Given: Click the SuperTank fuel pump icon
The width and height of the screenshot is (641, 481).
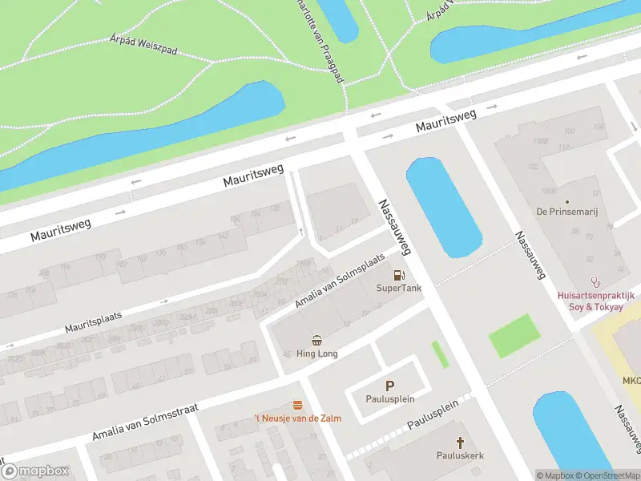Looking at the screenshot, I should [x=397, y=275].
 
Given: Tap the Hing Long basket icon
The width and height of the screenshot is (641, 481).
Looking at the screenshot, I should [x=317, y=340].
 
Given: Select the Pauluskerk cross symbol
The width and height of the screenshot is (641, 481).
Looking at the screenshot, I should [x=460, y=442].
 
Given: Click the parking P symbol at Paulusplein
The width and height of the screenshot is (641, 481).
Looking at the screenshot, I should [x=390, y=386].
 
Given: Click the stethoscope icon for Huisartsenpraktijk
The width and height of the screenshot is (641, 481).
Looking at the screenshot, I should [x=595, y=281].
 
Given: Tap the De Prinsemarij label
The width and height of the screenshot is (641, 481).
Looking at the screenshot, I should [x=573, y=212].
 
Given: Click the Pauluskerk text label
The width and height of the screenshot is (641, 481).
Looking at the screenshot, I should [x=460, y=455].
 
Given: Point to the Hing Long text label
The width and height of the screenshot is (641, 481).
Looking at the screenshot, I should [x=317, y=354].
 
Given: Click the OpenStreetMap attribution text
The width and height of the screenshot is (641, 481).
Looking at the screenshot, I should [x=606, y=475].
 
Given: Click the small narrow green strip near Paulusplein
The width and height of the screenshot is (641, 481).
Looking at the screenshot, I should [x=440, y=355].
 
